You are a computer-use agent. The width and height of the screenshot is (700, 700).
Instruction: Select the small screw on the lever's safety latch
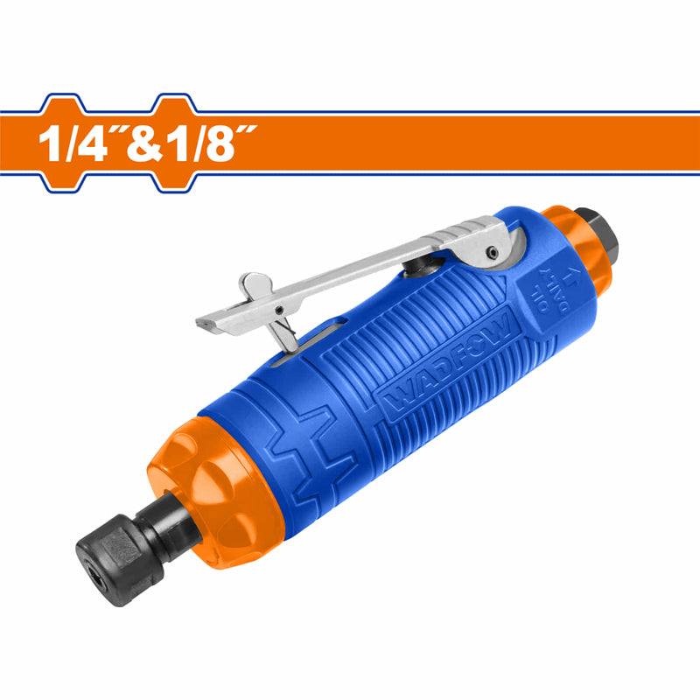coord(277,309)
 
